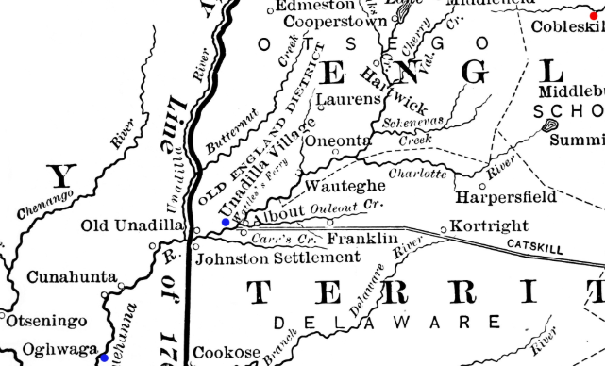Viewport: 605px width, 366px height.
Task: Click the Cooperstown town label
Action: click(324, 22)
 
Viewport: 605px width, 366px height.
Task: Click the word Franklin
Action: click(362, 240)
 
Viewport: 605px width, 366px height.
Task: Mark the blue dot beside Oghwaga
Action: click(103, 358)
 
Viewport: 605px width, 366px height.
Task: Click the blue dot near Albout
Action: click(226, 223)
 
